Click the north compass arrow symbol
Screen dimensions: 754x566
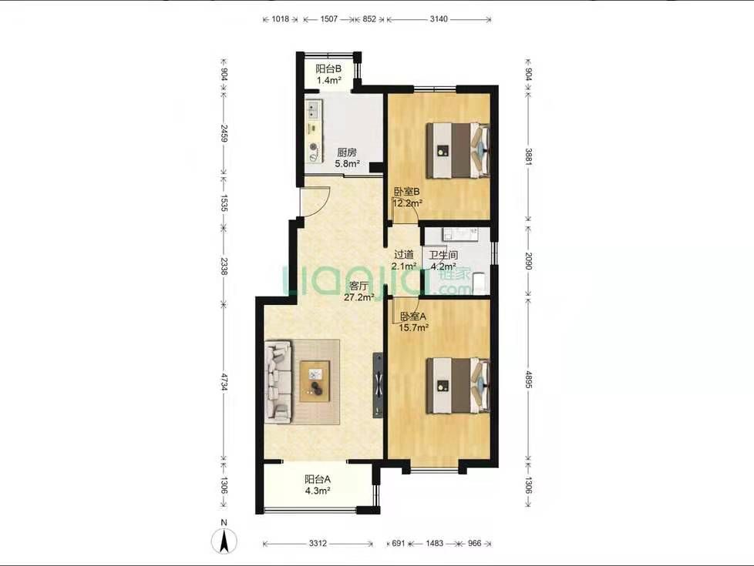tap(224, 541)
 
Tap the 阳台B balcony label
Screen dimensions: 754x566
tap(328, 75)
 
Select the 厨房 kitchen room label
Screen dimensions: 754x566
tap(347, 158)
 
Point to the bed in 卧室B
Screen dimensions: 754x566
tap(458, 151)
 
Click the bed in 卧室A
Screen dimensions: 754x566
tap(458, 385)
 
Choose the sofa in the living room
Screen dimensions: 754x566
tap(278, 382)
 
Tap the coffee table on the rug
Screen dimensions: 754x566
tap(315, 381)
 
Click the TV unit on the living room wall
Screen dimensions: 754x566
tap(378, 385)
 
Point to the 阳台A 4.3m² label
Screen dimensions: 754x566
tap(318, 485)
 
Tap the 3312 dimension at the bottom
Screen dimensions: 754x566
tap(318, 544)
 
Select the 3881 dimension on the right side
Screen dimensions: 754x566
tap(528, 157)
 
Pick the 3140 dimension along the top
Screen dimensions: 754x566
tap(439, 19)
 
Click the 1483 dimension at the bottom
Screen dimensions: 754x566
tap(435, 544)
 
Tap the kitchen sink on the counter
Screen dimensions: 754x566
tap(313, 110)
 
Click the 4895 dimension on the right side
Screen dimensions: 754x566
tap(528, 380)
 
